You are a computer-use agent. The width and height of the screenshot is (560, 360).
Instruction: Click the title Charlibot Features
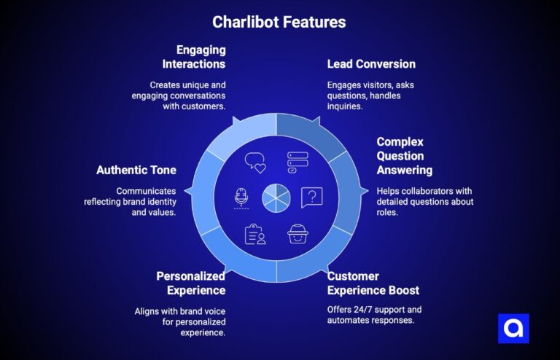(279, 22)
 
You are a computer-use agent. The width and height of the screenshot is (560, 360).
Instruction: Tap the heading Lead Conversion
(371, 64)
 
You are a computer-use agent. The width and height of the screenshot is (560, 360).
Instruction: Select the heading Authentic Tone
(136, 170)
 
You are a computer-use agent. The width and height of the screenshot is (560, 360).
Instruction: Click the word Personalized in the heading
(191, 276)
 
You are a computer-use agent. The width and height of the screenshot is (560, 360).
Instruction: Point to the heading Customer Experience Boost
(373, 283)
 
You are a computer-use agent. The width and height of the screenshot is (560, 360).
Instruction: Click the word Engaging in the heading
(201, 50)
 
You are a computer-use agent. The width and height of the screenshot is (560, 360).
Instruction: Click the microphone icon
(241, 197)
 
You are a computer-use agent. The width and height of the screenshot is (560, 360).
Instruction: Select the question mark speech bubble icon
(311, 197)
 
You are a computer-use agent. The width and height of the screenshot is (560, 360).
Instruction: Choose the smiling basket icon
(297, 234)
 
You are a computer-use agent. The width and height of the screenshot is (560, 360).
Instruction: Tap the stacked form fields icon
(297, 162)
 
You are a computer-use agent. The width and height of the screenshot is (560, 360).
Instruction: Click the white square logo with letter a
(513, 329)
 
